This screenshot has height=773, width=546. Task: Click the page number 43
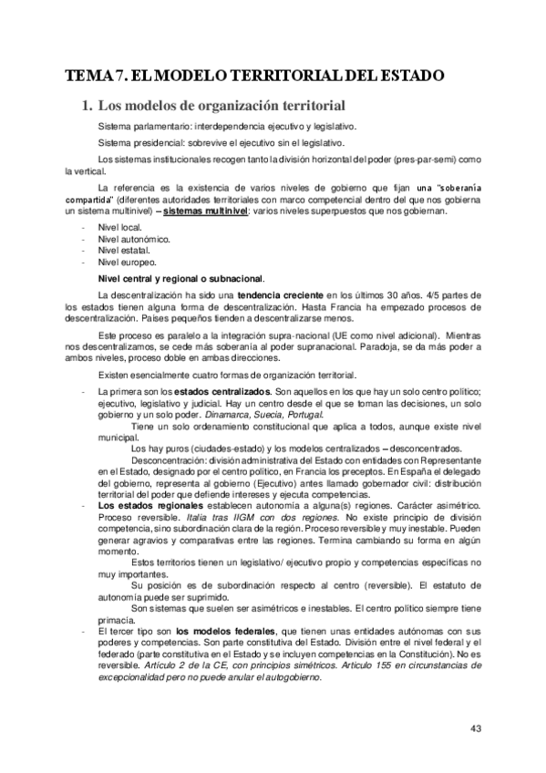click(x=476, y=727)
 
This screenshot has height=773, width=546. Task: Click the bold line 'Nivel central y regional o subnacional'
click(x=181, y=277)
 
